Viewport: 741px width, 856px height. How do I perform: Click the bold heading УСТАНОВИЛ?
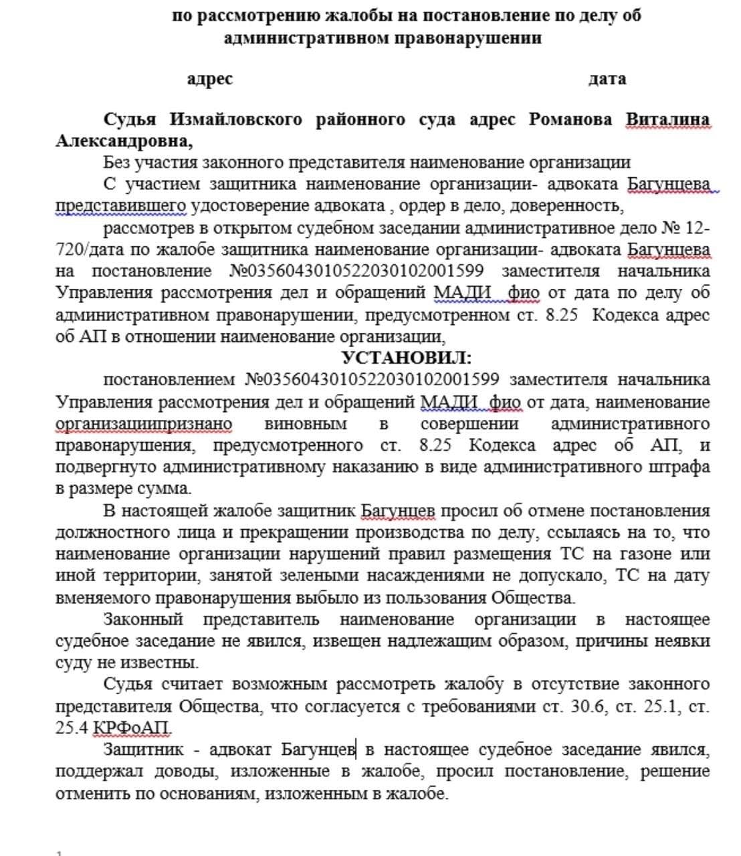tap(406, 358)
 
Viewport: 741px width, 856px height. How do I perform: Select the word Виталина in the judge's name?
tap(667, 120)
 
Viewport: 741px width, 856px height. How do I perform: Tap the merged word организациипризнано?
tap(144, 424)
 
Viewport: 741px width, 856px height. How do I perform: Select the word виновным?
tap(306, 424)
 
